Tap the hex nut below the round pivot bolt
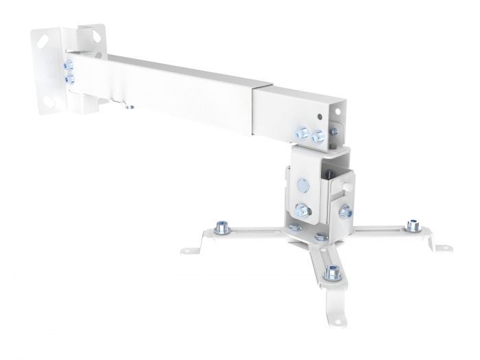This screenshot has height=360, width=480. (x=300, y=209)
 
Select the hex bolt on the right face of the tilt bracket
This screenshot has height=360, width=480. (x=345, y=210)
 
